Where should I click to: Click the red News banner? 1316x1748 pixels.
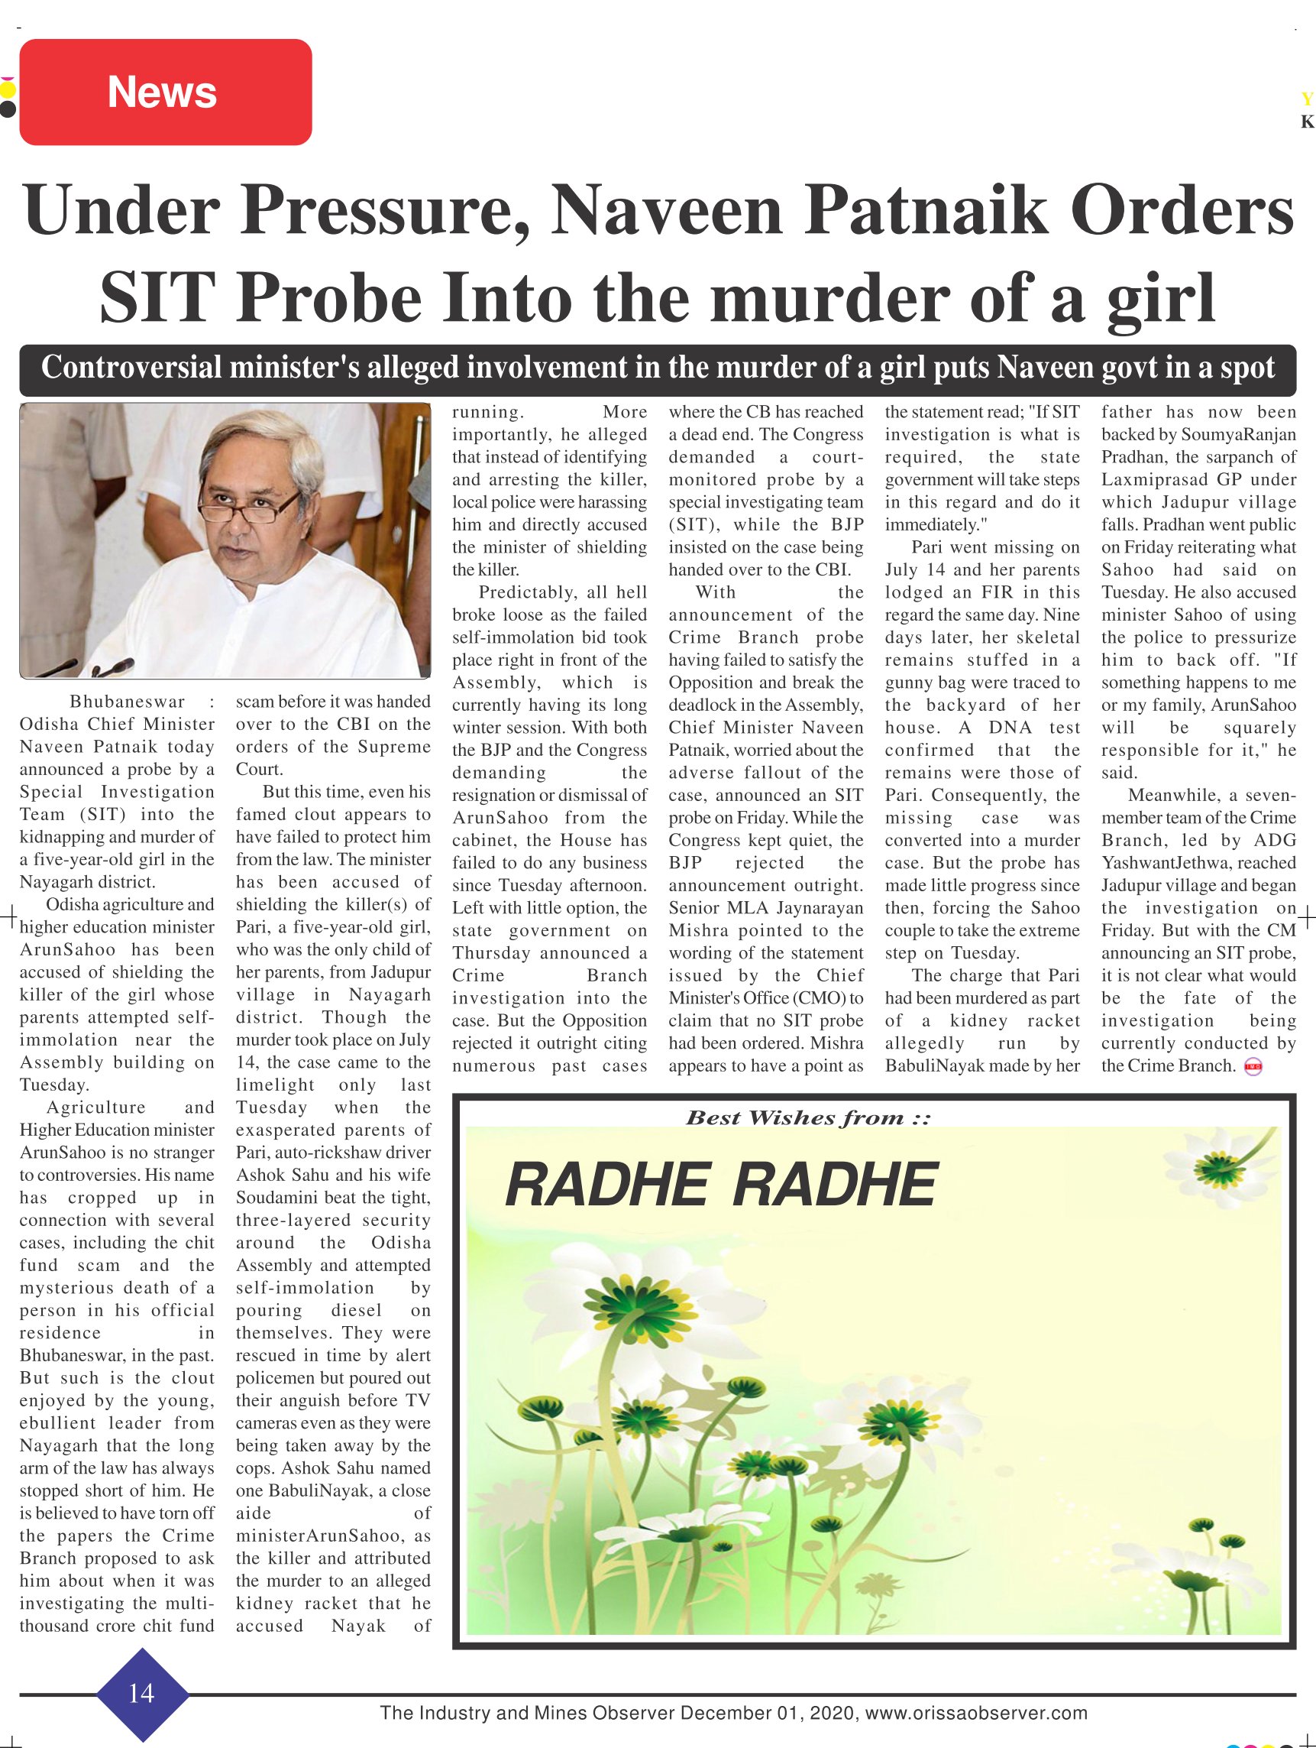(165, 92)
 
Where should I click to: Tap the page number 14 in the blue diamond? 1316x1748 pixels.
(141, 1692)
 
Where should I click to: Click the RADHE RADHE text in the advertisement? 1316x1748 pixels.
(720, 1185)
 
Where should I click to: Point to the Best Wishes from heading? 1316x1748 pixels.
(807, 1117)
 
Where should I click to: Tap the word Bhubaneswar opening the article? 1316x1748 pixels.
(128, 702)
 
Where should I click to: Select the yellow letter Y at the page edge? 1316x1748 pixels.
(1308, 99)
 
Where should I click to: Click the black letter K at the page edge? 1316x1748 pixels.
(1308, 122)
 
